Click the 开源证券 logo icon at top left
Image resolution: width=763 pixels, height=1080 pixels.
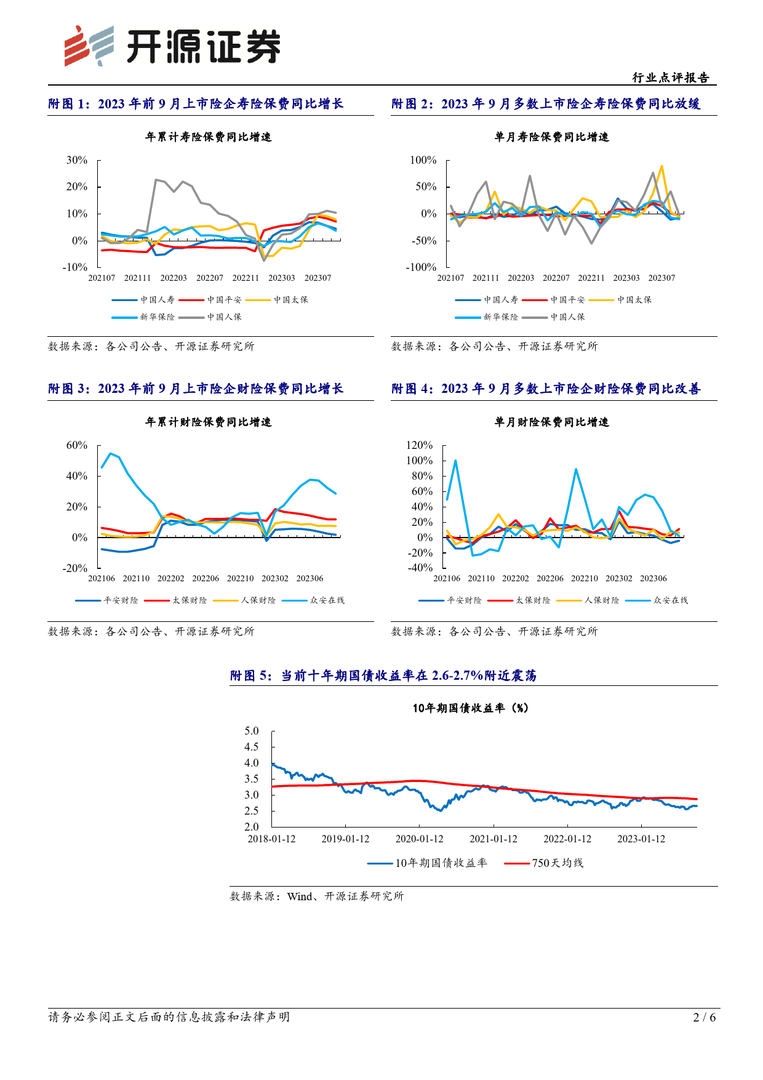[x=89, y=46]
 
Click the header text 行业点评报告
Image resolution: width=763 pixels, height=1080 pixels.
[x=671, y=78]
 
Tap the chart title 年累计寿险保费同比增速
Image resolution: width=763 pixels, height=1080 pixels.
[x=208, y=137]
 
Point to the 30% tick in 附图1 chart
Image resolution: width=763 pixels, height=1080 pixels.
[x=77, y=160]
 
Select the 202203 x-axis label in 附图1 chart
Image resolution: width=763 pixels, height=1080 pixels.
[x=174, y=278]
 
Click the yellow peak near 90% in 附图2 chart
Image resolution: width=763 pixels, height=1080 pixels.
[x=661, y=166]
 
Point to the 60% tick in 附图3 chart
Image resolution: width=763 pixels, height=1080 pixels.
[x=77, y=445]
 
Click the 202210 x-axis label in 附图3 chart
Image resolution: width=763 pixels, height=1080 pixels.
[x=240, y=579]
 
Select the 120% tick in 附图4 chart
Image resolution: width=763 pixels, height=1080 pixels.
[x=419, y=445]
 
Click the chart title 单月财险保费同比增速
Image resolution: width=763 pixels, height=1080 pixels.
[x=552, y=422]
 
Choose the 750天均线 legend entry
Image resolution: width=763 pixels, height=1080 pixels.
[x=543, y=863]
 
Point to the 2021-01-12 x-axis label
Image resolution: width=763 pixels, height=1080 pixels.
[x=493, y=839]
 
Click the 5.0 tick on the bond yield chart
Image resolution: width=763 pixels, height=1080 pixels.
[x=252, y=731]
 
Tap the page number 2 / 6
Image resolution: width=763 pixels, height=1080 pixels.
[x=705, y=1017]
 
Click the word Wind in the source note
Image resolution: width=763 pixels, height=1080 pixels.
[x=300, y=897]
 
